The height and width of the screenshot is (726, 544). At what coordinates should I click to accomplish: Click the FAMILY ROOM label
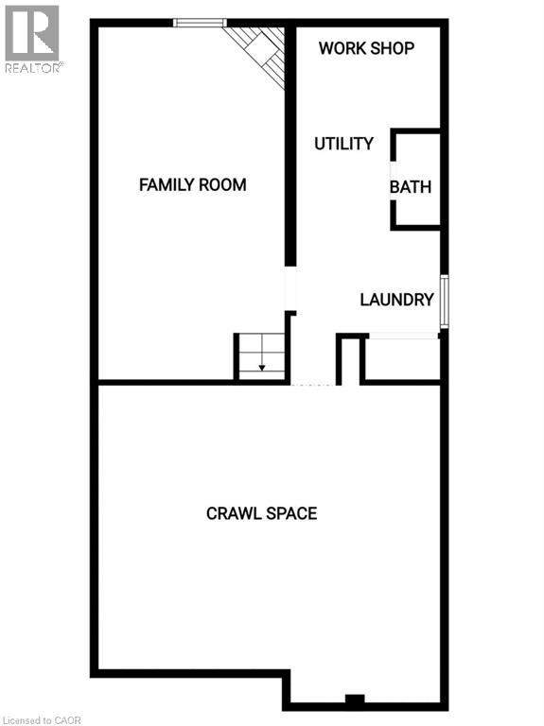[x=192, y=184]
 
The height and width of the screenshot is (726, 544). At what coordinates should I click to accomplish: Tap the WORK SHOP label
[x=366, y=47]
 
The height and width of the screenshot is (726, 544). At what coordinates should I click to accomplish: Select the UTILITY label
[x=343, y=144]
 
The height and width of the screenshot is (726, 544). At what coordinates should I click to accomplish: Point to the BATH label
[x=411, y=186]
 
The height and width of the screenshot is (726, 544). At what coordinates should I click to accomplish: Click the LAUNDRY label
[x=396, y=300]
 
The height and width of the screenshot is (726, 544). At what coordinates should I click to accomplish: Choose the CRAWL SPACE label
[x=261, y=513]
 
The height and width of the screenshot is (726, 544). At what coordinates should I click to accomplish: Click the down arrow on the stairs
[x=262, y=367]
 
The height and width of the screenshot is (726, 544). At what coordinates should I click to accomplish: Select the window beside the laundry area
[x=444, y=302]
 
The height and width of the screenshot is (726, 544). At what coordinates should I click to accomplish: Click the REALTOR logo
[x=32, y=35]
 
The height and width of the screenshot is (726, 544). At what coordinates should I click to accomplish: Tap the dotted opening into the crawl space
[x=311, y=385]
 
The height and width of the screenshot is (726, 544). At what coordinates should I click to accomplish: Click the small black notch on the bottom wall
[x=354, y=700]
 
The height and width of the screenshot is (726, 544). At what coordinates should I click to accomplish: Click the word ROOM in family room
[x=222, y=184]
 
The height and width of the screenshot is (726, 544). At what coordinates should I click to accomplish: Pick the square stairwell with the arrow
[x=260, y=357]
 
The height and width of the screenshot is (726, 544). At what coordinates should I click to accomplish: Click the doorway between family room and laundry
[x=290, y=291]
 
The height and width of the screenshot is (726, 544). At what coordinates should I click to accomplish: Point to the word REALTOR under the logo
[x=33, y=67]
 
